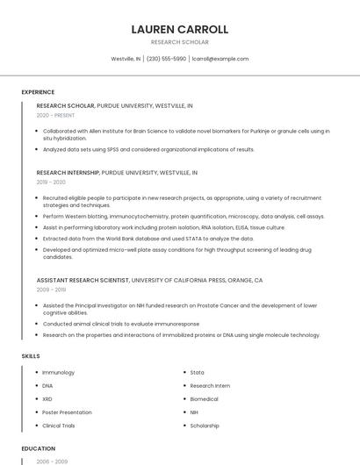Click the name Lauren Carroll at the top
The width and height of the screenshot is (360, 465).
[179, 29]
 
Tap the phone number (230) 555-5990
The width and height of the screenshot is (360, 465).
[166, 59]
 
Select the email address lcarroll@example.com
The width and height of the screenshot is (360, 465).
[220, 59]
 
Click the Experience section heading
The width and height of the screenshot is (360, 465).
[38, 92]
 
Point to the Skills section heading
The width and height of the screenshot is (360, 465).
[31, 355]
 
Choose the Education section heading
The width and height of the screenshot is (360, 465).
[38, 448]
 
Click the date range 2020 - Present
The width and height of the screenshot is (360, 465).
[54, 115]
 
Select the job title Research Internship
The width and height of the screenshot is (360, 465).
[68, 173]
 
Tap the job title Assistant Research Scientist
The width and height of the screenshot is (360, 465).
[83, 280]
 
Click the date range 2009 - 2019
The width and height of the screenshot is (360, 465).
[51, 289]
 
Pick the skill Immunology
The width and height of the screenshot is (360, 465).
[59, 373]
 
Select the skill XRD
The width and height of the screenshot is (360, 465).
[48, 399]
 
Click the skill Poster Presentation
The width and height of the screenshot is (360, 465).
[67, 412]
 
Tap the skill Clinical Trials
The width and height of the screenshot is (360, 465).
[59, 426]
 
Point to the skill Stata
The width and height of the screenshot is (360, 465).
[197, 373]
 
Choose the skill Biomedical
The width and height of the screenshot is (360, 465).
[204, 399]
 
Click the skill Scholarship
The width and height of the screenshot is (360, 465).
[205, 426]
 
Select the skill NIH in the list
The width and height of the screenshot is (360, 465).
[194, 412]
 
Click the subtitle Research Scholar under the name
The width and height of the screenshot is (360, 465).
[179, 42]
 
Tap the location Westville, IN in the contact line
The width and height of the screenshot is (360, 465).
[126, 59]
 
